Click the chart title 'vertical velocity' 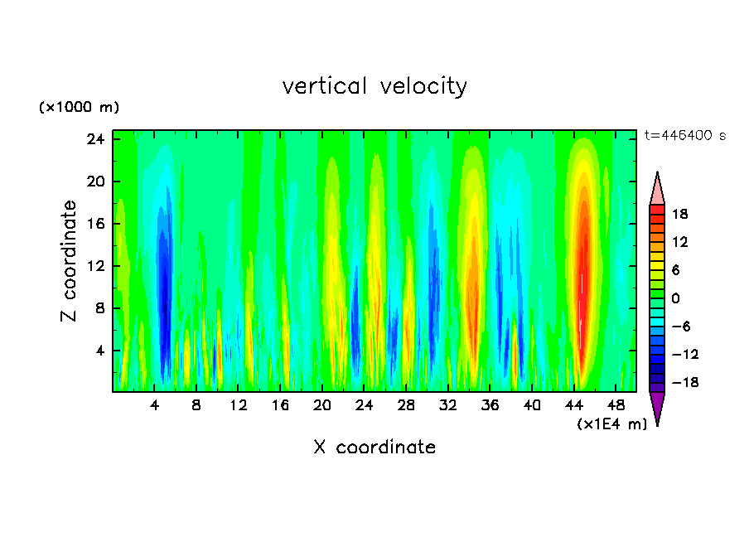[374, 86]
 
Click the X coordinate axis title [374, 448]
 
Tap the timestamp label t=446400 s [684, 136]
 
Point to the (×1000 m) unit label [79, 108]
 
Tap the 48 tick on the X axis [616, 405]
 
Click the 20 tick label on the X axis [322, 405]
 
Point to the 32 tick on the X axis [448, 405]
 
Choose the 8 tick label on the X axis [196, 405]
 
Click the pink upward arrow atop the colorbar [657, 189]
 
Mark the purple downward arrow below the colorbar [657, 407]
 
